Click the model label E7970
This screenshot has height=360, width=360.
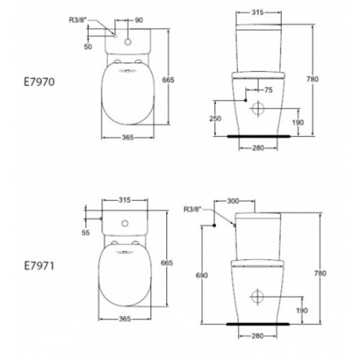40,82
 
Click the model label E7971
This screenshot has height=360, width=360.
40,266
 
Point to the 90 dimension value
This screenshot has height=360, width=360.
139,20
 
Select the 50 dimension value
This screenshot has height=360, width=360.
88,47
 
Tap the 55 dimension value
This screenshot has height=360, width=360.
86,233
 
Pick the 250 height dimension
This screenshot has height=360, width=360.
215,118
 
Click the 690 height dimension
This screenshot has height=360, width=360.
202,275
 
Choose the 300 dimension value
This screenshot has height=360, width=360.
233,201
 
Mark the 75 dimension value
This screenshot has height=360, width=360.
269,90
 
